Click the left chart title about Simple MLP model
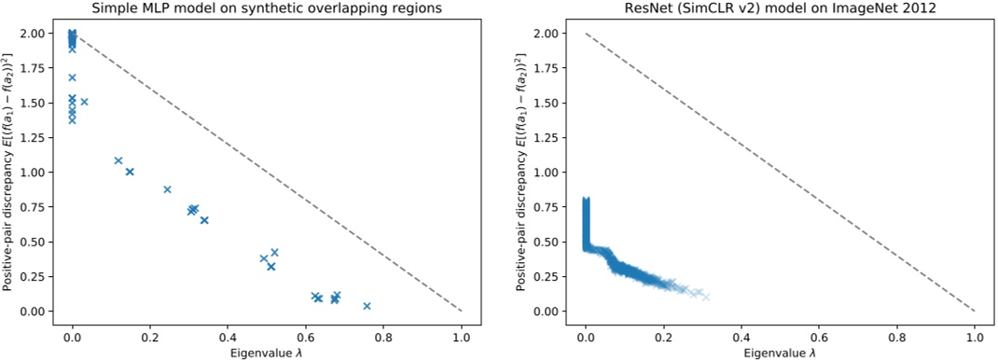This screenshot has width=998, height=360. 267,8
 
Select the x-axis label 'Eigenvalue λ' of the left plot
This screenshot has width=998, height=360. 267,352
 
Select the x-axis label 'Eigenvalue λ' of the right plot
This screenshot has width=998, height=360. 780,352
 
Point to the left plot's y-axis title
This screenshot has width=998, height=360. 9,172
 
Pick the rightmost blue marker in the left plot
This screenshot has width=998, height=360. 367,306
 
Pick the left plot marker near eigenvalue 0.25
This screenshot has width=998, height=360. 168,189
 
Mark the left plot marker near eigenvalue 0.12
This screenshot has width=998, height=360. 118,160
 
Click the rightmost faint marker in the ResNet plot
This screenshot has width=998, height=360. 706,297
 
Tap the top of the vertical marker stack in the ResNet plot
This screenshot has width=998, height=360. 586,200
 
